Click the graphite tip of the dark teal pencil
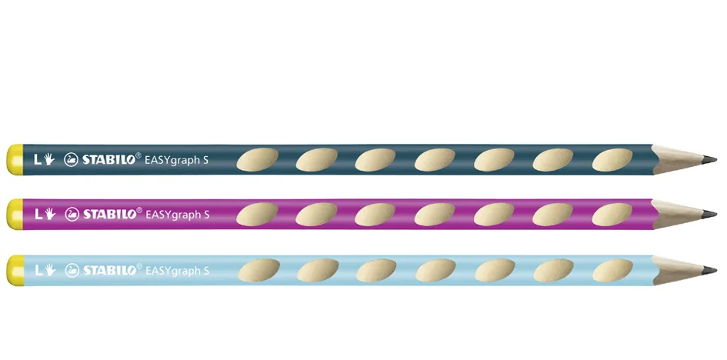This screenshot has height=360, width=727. [709, 160]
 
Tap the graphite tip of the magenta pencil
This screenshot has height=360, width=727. [709, 214]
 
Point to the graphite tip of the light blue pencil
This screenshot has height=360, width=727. [709, 270]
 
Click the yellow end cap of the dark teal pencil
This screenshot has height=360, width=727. [15, 160]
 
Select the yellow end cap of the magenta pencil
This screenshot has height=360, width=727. [15, 214]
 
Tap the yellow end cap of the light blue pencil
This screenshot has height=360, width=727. [15, 270]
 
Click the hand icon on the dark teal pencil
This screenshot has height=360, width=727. [49, 160]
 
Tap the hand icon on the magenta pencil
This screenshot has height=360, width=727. [49, 214]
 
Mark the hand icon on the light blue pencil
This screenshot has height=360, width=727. [49, 270]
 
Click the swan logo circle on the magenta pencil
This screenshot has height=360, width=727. [72, 214]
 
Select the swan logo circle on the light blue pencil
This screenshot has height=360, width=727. [72, 270]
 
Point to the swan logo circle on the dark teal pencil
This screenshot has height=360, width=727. [71, 160]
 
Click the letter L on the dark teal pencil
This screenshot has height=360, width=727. [38, 160]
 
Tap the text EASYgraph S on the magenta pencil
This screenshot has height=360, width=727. [178, 215]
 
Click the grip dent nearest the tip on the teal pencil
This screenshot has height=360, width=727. [612, 160]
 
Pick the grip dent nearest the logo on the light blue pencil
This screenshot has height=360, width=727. [258, 271]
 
